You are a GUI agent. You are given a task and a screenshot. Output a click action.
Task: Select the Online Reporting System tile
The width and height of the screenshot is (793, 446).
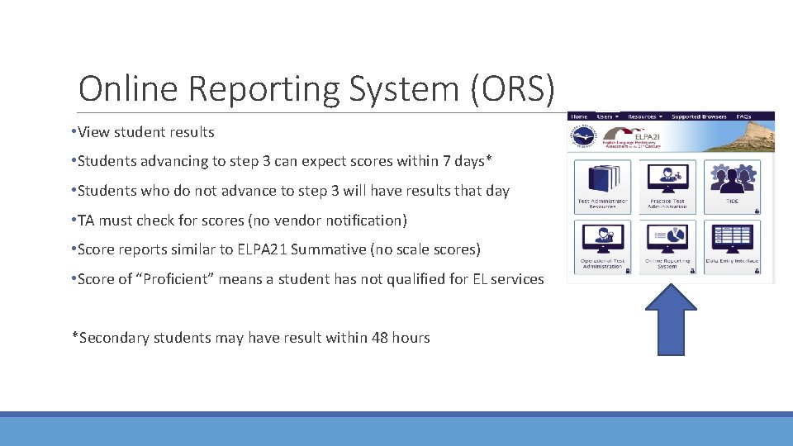coord(667,246)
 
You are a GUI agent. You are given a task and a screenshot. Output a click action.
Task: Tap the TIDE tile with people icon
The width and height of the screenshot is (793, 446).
coord(732,187)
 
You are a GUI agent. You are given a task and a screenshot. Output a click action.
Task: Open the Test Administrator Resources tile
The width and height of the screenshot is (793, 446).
coord(602,187)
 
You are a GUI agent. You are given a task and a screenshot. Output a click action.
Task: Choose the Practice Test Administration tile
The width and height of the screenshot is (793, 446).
coord(667,187)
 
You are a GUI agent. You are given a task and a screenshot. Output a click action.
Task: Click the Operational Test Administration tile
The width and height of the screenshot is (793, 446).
coord(602,246)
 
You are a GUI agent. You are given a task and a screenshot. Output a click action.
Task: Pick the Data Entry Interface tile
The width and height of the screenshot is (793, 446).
coord(732,246)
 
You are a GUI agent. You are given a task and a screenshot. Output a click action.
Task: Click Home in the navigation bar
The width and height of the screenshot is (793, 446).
coord(580,116)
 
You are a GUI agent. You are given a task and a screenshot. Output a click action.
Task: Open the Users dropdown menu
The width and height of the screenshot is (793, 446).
coord(607,116)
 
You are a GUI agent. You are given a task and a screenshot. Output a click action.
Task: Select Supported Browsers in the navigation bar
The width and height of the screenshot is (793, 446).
coord(699,116)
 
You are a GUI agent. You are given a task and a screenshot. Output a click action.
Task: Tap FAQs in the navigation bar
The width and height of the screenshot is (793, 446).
coord(744,116)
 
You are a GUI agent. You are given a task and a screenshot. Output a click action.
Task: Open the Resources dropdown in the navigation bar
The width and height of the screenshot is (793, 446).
coord(644,116)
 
